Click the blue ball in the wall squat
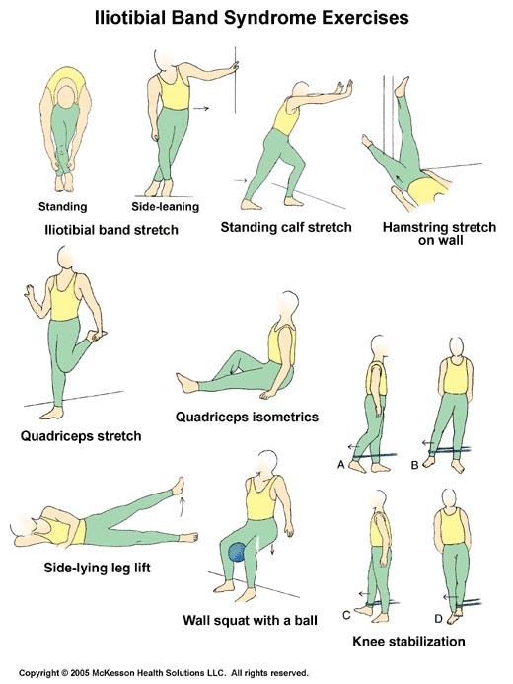click(238, 553)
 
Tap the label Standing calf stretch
click(286, 227)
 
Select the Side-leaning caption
click(166, 206)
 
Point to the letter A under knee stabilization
click(341, 465)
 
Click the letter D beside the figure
click(438, 618)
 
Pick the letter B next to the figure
click(415, 465)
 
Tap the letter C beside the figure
click(346, 615)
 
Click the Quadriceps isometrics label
click(248, 418)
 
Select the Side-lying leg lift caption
click(98, 568)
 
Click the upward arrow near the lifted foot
click(183, 505)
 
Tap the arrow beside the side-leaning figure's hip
click(201, 108)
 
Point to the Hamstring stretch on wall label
click(439, 233)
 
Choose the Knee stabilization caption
click(408, 641)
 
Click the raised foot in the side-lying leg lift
click(179, 486)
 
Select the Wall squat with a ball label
click(251, 620)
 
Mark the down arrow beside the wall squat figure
click(273, 549)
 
